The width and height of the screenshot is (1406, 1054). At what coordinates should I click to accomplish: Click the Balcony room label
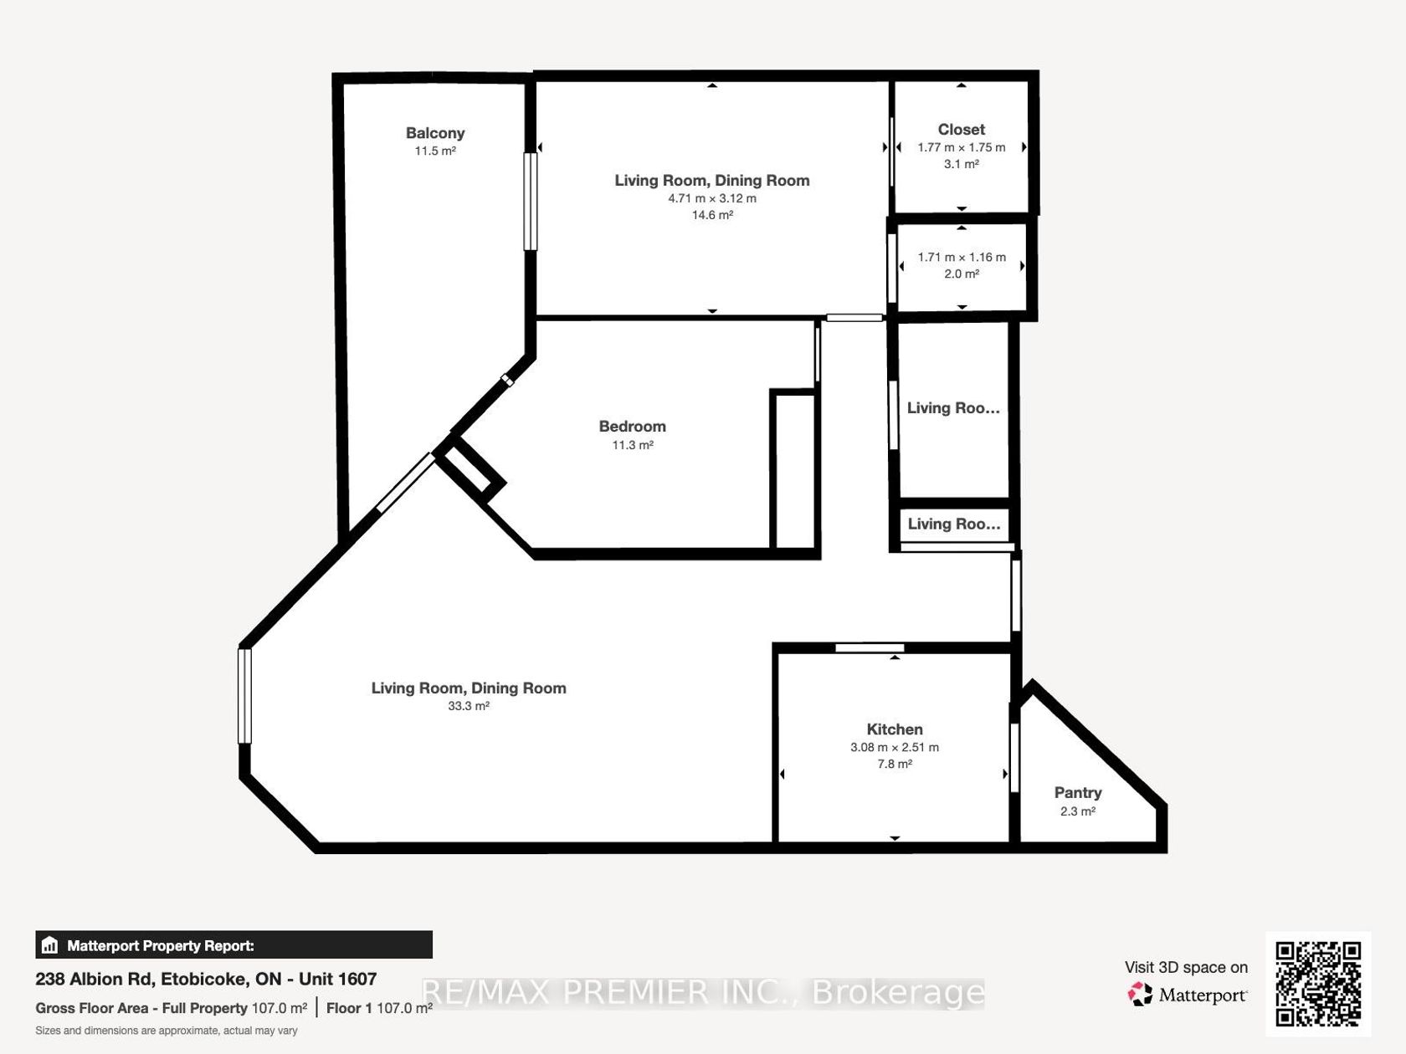click(x=435, y=133)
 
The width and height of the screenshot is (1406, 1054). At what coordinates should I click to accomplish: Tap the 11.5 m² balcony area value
click(x=435, y=151)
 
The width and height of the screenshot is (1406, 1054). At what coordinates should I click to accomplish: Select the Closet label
click(x=961, y=130)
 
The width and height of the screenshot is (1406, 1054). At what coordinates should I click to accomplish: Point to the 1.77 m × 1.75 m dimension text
click(x=961, y=147)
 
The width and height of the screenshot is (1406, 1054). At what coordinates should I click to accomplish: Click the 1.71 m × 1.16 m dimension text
click(x=961, y=258)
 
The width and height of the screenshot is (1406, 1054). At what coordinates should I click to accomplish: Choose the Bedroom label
click(x=632, y=427)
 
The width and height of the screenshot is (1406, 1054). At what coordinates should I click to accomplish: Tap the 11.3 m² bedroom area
click(x=632, y=445)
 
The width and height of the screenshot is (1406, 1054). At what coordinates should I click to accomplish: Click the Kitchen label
click(x=894, y=729)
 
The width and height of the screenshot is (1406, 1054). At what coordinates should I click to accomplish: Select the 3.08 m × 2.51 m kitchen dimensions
click(x=894, y=747)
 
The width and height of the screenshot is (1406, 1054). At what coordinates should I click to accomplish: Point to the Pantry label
click(x=1077, y=792)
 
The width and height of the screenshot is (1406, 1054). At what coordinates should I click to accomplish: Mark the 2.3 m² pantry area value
click(x=1077, y=811)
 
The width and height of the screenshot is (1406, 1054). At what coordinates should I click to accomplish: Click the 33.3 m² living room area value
click(x=468, y=706)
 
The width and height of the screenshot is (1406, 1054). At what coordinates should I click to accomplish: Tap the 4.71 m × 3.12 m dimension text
click(x=711, y=198)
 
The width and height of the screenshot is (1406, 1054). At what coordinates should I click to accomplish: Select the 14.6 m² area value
click(x=711, y=215)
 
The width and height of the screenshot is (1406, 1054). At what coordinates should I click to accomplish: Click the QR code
click(x=1317, y=985)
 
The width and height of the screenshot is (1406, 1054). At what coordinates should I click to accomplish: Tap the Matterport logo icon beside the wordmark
click(x=1140, y=994)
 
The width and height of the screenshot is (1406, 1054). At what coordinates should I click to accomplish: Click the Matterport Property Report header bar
click(x=233, y=944)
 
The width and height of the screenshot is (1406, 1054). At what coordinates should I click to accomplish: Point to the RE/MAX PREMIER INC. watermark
click(x=703, y=993)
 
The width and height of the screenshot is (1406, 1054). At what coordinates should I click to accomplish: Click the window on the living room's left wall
click(x=244, y=696)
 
